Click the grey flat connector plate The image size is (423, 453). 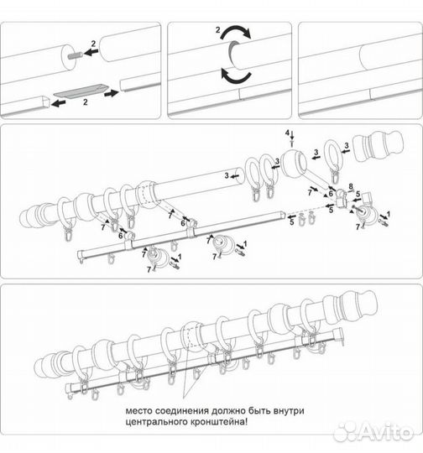pyautogui.click(x=81, y=91)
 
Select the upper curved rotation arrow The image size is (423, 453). pyautogui.click(x=235, y=33)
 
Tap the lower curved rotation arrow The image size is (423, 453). pyautogui.click(x=236, y=76)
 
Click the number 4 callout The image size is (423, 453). pyautogui.click(x=287, y=133)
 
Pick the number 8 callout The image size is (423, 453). pyautogui.click(x=351, y=186)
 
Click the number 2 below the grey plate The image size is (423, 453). pyautogui.click(x=85, y=102)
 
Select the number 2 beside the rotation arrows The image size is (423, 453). pyautogui.click(x=217, y=29)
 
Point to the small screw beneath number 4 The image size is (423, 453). pyautogui.click(x=292, y=143)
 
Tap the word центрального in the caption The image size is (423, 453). pyautogui.click(x=156, y=422)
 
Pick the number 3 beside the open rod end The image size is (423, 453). pyautogui.click(x=227, y=175)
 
